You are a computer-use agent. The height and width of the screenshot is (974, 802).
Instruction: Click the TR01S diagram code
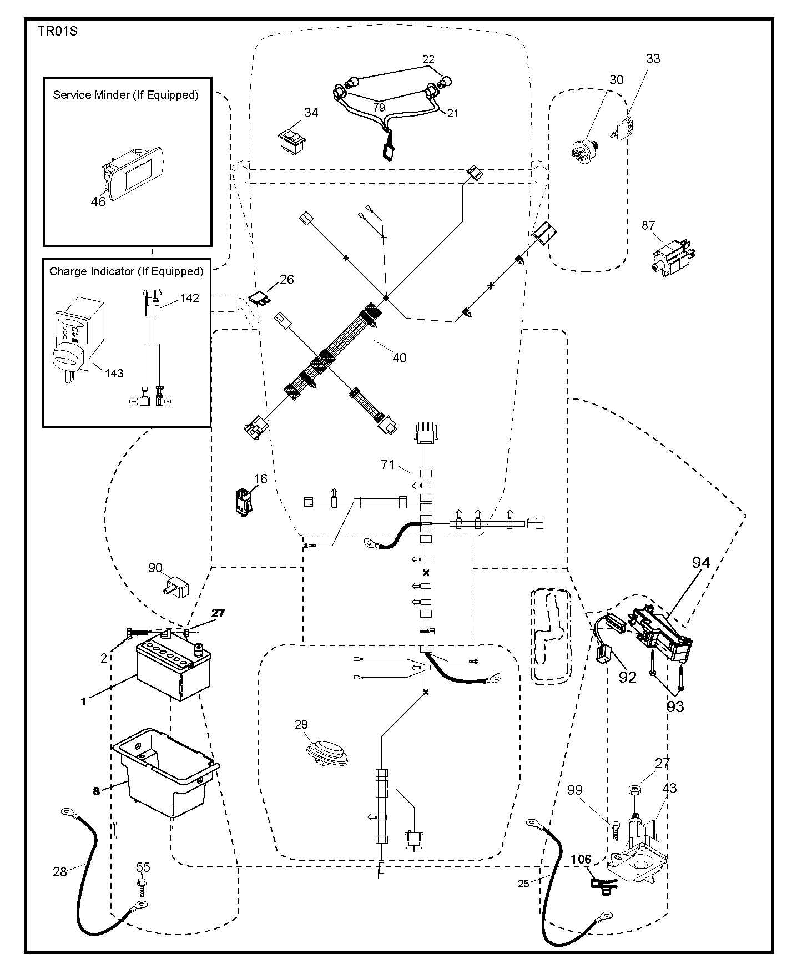pos(57,31)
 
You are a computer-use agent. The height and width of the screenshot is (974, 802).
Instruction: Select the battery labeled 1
pos(174,669)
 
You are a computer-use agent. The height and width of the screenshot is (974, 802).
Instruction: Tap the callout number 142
pos(189,298)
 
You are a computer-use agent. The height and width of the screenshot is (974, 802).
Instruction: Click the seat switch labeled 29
pos(327,753)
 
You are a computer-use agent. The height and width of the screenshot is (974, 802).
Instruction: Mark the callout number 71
pos(387,465)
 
